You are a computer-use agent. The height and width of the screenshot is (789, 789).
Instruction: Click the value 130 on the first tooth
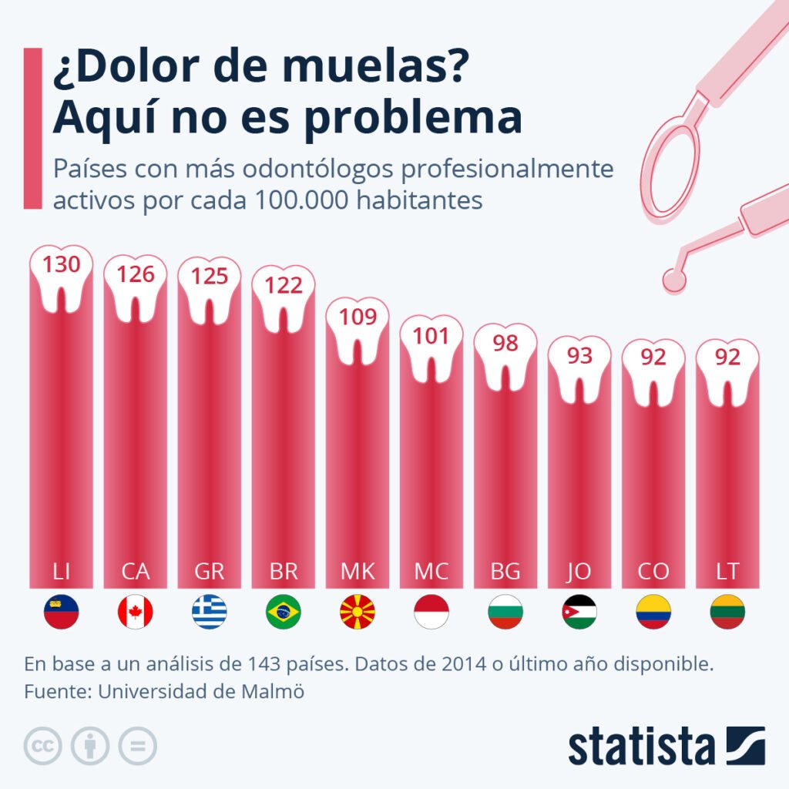61,265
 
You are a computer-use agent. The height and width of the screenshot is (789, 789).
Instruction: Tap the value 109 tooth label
358,317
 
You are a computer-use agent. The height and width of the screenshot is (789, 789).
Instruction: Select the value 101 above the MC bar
431,337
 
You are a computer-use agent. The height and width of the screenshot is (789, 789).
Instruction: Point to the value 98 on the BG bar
505,343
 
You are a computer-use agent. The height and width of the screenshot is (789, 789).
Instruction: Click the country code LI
62,572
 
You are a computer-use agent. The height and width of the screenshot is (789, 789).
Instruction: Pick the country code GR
210,572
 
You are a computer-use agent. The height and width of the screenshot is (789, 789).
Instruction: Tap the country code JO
579,572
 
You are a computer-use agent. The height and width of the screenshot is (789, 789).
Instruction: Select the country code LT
727,572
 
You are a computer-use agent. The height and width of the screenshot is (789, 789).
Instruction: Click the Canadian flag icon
136,613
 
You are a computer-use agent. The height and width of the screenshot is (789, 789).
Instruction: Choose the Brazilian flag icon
284,613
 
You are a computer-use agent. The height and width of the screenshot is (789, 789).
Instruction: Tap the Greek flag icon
210,613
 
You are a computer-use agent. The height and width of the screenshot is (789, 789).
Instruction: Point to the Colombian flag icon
653,613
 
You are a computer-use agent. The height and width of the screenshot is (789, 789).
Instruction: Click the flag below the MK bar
358,613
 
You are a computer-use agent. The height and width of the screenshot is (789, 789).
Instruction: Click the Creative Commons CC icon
43,746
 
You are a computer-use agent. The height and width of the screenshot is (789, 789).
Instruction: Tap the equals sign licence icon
137,746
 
